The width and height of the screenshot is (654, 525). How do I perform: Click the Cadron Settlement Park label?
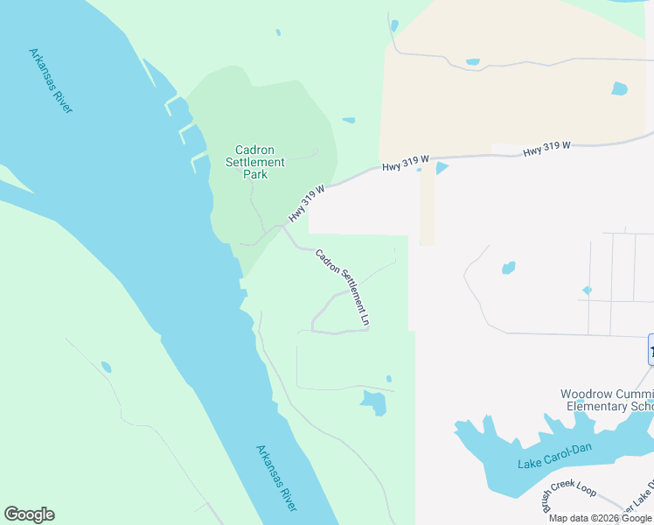[x=255, y=162]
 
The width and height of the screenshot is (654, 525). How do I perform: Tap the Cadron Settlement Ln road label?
[x=343, y=288]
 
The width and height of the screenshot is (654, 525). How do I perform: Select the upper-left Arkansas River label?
[x=51, y=80]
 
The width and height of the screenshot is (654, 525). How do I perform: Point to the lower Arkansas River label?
[x=277, y=478]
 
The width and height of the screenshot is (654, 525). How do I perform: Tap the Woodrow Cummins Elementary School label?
[x=607, y=401]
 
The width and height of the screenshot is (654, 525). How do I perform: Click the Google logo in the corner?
[x=29, y=514]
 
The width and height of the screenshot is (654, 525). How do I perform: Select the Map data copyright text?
[x=600, y=518]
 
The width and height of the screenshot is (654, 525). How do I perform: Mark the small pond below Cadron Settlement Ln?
[x=373, y=402]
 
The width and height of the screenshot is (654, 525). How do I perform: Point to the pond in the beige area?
[x=620, y=88]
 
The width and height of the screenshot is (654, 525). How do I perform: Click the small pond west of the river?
[x=106, y=367]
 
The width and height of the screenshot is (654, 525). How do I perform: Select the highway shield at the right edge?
[x=651, y=350]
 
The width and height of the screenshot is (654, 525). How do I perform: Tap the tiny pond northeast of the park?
[x=349, y=120]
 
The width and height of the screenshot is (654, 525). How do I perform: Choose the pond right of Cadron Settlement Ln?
[x=508, y=267]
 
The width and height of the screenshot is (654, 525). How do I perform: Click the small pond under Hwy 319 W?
[x=441, y=167]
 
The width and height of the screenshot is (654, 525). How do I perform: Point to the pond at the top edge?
[x=394, y=25]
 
